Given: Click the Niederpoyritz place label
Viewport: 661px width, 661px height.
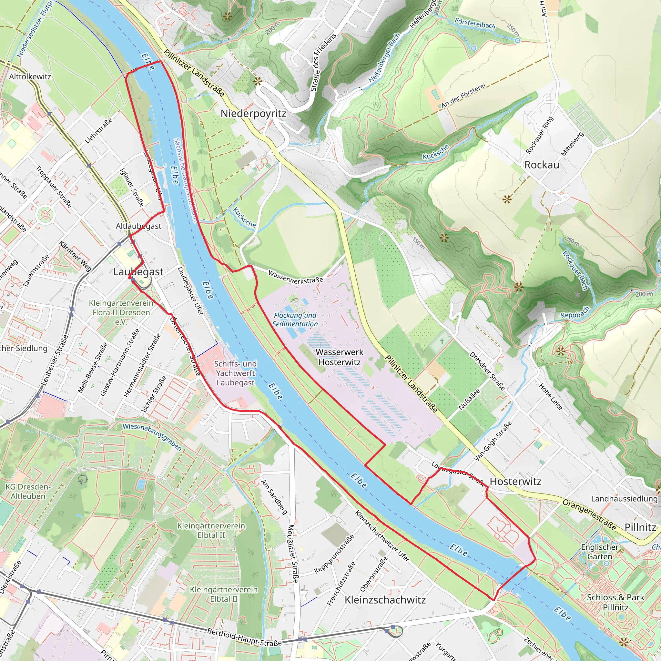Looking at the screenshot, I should pos(253,114).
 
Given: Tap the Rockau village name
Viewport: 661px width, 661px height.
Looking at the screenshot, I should pos(542,165).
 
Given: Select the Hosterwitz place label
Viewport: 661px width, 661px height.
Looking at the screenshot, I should pos(515,481).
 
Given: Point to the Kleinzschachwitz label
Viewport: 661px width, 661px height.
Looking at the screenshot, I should pos(385,600).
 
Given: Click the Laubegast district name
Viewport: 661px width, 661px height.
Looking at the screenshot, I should pos(138,272).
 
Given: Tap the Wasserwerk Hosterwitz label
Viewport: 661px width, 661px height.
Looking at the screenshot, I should pos(340,357).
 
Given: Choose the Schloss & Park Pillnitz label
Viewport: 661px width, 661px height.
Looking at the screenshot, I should pos(615,602).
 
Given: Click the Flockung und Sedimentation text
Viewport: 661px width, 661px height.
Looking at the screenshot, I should pos(295,320).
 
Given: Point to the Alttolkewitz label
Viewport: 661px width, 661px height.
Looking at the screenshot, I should pos(30,76).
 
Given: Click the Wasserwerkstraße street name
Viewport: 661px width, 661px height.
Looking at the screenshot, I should pos(295,277).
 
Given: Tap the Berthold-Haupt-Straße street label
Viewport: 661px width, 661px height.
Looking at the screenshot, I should pos(244,637).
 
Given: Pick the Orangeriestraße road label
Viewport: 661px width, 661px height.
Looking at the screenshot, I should pos(589,514).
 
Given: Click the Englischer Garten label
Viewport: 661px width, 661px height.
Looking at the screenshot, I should pos(599,552).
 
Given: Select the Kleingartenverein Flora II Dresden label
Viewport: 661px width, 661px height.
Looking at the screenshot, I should pos(121,312).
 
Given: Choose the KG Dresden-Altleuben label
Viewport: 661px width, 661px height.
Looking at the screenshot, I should pos(28,491).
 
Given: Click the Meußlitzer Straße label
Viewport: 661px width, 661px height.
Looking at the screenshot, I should pos(293,554).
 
